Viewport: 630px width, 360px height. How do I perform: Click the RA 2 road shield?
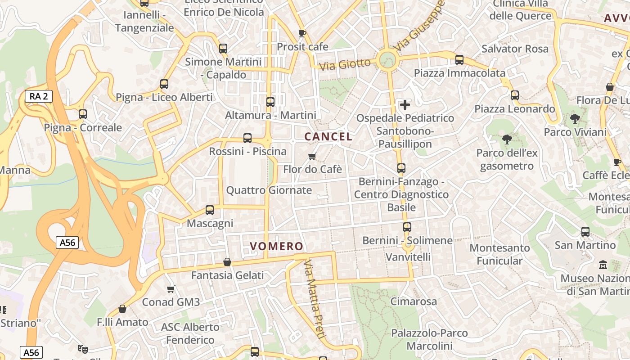click(x=39, y=96)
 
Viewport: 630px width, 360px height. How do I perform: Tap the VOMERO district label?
click(x=277, y=246)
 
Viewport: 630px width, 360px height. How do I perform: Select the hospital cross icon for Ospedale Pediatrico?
click(x=405, y=105)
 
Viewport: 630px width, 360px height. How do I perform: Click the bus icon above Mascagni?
click(x=209, y=210)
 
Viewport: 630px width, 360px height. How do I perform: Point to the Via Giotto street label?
click(x=345, y=65)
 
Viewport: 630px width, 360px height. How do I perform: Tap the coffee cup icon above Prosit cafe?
click(x=302, y=33)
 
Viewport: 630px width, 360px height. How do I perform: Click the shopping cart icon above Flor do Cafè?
click(x=312, y=156)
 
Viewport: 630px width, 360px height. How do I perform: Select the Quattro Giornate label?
click(x=269, y=190)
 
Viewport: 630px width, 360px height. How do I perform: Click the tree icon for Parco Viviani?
click(x=575, y=119)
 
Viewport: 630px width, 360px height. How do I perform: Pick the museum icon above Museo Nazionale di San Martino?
click(x=603, y=265)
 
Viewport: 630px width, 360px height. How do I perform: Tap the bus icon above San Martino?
click(x=585, y=232)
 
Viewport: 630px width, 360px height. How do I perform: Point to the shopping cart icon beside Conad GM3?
click(x=171, y=289)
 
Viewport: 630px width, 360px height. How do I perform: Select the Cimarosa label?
click(x=414, y=301)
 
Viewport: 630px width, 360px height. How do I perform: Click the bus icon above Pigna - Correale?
click(x=83, y=114)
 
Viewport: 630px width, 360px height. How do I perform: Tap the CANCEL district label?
click(x=328, y=136)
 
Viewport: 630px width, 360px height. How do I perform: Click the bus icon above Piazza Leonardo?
click(x=514, y=95)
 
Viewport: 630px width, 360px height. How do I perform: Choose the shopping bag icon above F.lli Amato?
click(x=122, y=309)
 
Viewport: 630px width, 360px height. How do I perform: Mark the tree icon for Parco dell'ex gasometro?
click(x=507, y=139)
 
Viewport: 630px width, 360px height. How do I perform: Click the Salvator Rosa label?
click(x=515, y=49)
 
